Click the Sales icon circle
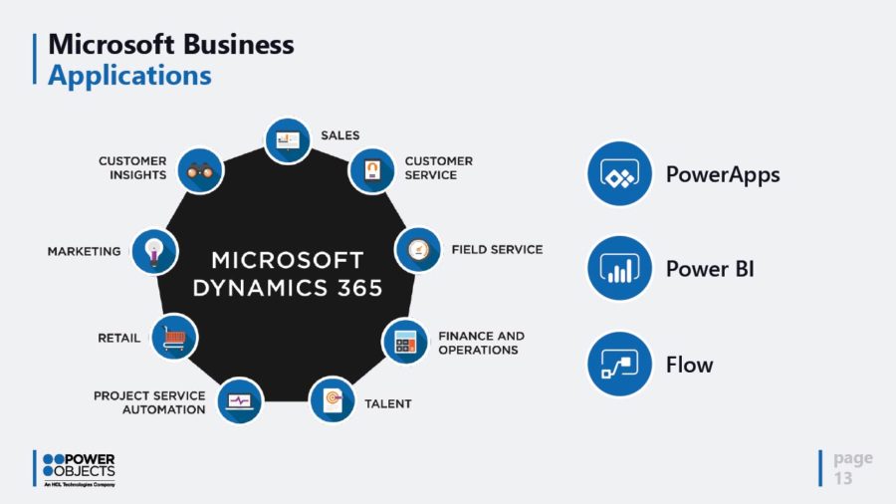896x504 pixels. point(288,140)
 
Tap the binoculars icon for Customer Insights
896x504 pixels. point(200,170)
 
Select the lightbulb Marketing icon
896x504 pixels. point(154,250)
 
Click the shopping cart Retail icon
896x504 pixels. point(174,338)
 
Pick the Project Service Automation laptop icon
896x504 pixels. point(240,400)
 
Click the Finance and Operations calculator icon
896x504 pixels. point(405,342)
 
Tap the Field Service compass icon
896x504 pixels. point(418,249)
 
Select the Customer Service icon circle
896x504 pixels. point(371,169)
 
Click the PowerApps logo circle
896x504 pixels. point(619,174)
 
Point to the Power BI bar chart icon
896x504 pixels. point(619,269)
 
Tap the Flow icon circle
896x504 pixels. point(619,364)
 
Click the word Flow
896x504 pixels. point(690,365)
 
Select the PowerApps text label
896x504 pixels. point(723,174)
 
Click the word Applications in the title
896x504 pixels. point(129,75)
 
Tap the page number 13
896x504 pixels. point(843,478)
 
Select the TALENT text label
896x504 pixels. point(386,403)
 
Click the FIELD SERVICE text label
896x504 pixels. point(497,249)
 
